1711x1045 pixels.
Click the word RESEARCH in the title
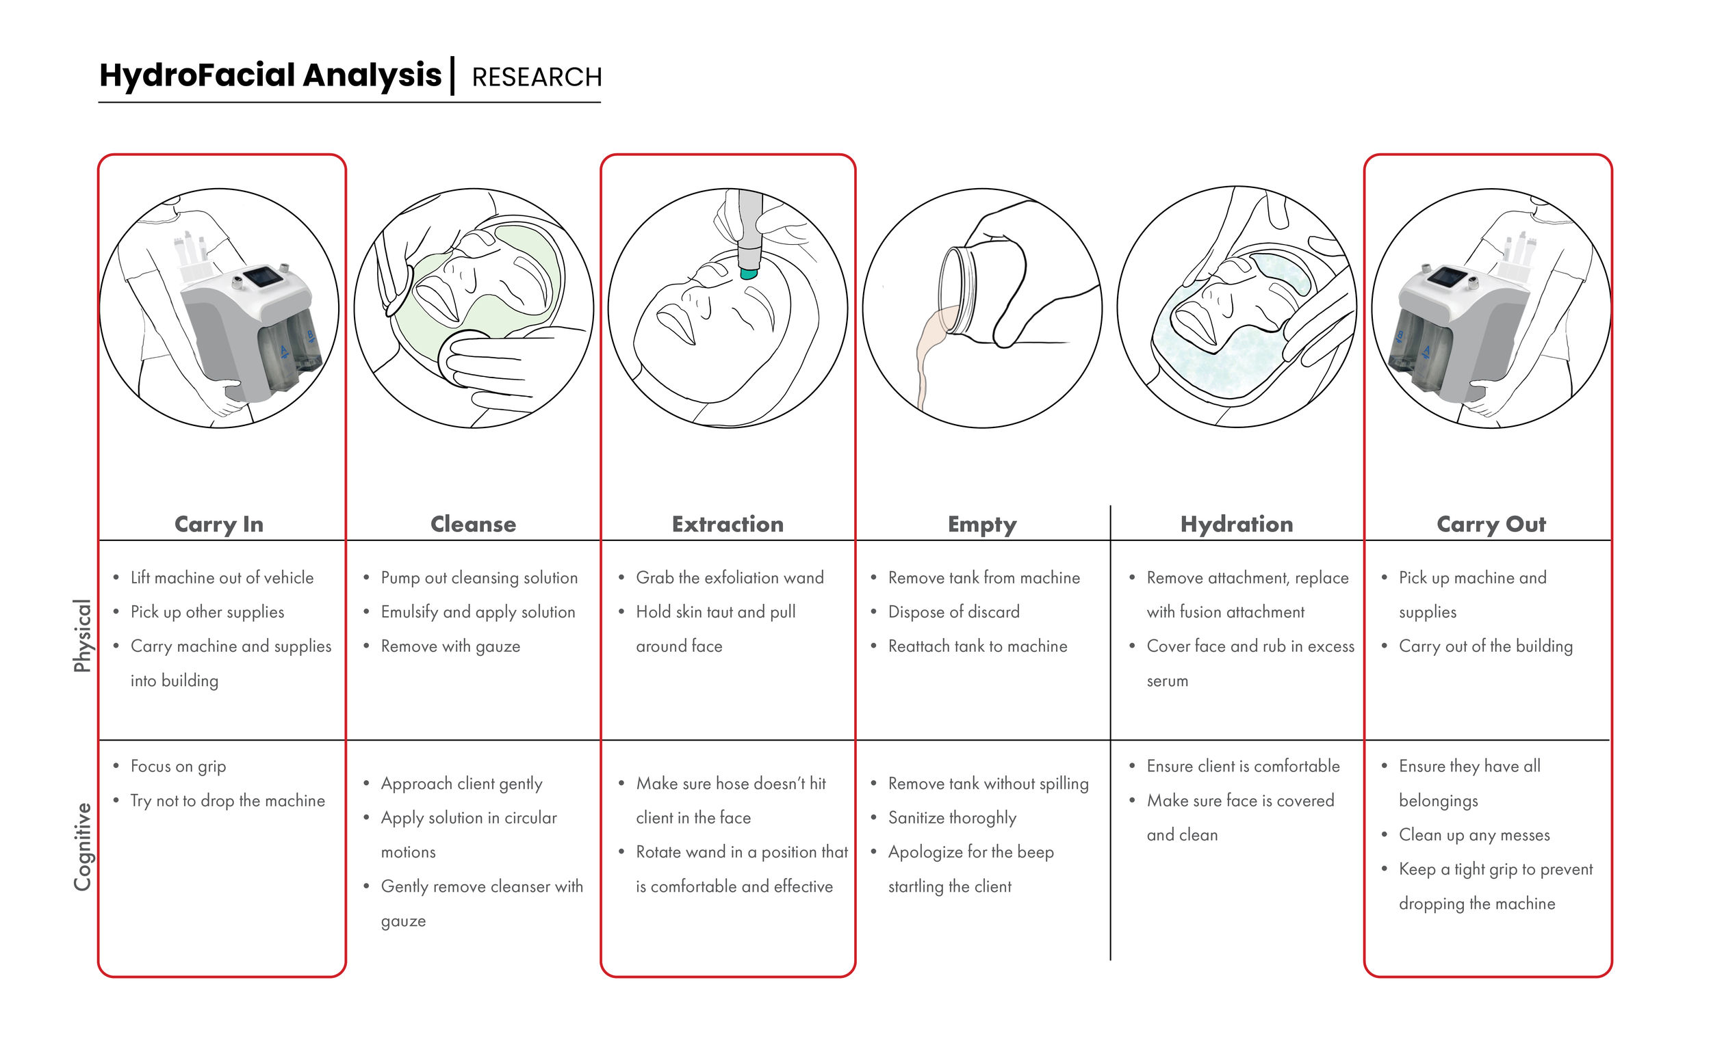click(536, 77)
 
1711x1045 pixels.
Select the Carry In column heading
click(219, 524)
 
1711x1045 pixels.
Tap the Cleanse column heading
click(473, 524)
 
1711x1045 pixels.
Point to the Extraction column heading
click(727, 524)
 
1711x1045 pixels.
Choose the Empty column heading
click(982, 525)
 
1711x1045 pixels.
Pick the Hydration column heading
click(1236, 524)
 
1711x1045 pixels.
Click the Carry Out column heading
click(1491, 524)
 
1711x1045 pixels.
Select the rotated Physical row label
click(82, 635)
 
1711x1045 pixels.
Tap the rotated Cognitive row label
click(82, 847)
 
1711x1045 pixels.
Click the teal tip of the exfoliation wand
click(749, 274)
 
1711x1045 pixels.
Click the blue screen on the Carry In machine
click(263, 277)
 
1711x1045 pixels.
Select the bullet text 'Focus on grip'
click(178, 766)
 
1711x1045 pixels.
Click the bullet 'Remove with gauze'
click(450, 646)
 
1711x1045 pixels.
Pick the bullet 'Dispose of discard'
click(953, 612)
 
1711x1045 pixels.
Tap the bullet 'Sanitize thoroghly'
click(952, 817)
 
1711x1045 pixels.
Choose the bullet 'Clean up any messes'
click(1474, 835)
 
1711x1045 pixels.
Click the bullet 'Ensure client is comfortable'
click(1243, 766)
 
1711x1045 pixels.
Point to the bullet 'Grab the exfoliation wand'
click(729, 577)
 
